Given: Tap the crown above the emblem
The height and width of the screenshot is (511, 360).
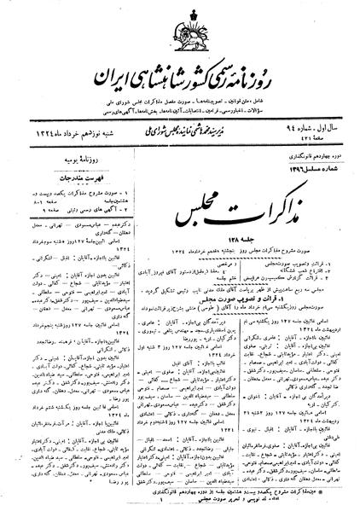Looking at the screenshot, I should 187,15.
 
